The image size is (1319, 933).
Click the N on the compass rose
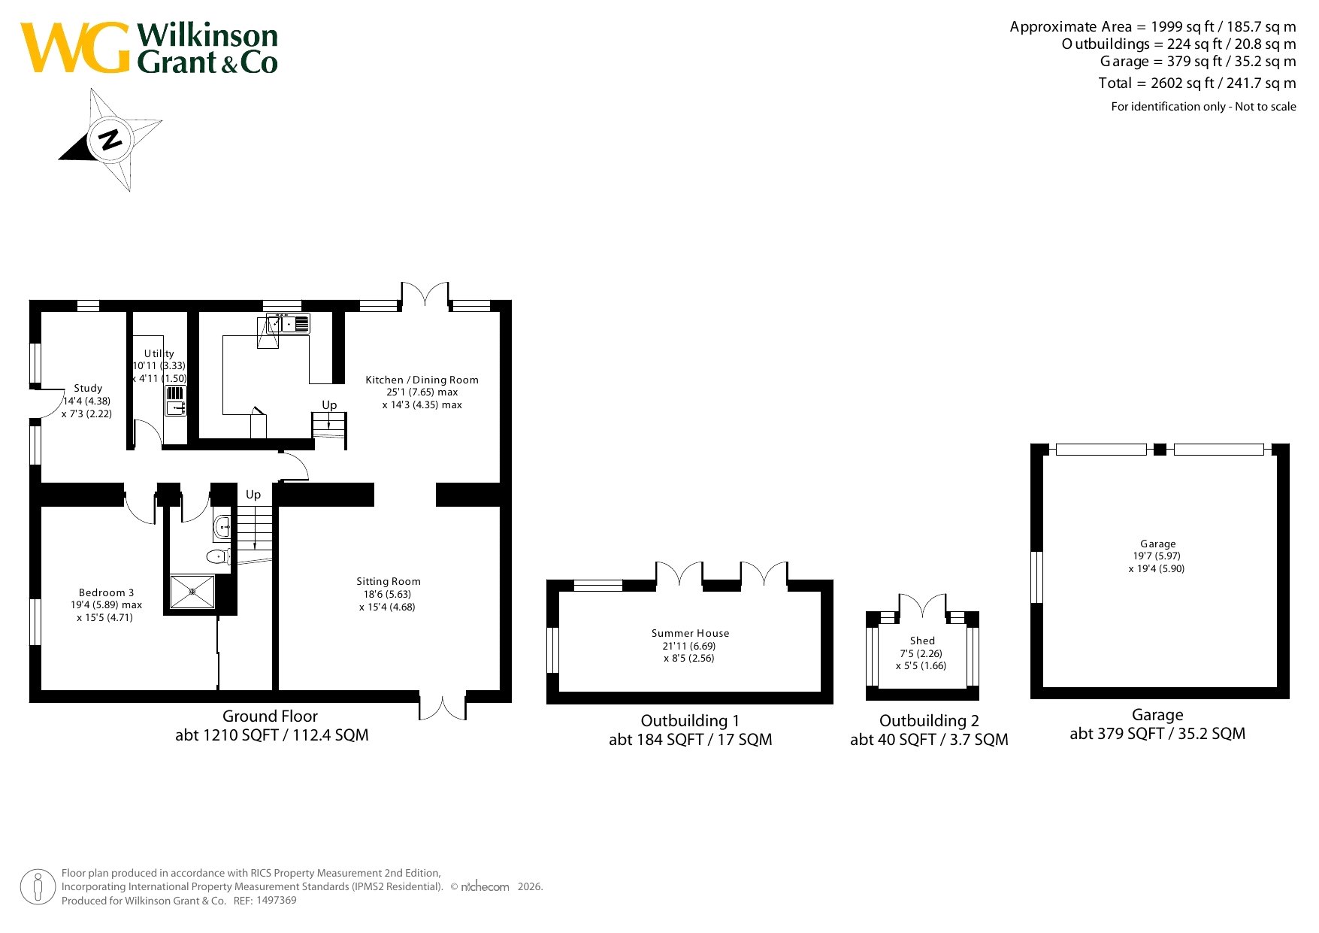coord(110,139)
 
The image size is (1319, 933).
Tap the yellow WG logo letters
coord(76,47)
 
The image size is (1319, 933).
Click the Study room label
coord(88,388)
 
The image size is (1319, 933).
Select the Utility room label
coord(159,353)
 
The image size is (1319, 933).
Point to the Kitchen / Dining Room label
coord(422,380)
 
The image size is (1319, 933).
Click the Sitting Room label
coord(389,581)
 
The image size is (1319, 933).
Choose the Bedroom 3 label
coord(106,592)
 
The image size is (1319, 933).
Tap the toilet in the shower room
coord(218,557)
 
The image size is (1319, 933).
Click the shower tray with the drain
coord(192,592)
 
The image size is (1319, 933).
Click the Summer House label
coord(690,633)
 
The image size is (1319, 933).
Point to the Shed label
coord(922,641)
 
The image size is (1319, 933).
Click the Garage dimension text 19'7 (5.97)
coord(1157,556)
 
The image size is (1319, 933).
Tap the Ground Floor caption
coord(270,716)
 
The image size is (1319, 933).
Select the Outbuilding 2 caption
coord(929,720)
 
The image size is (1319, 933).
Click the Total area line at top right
coord(1196,83)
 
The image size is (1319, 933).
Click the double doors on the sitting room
coord(442,706)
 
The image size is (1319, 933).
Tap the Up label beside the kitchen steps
coord(329,405)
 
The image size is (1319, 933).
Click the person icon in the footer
coord(37,887)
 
